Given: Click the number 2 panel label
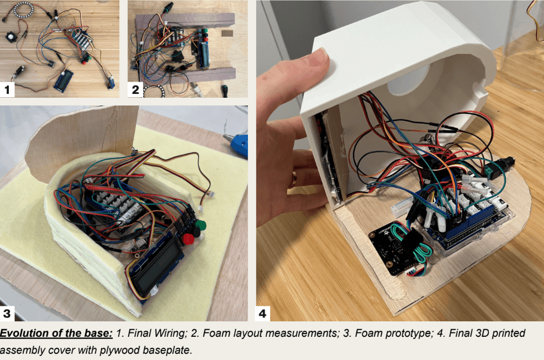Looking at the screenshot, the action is (x=135, y=90).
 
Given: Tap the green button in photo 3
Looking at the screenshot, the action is (x=200, y=225).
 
